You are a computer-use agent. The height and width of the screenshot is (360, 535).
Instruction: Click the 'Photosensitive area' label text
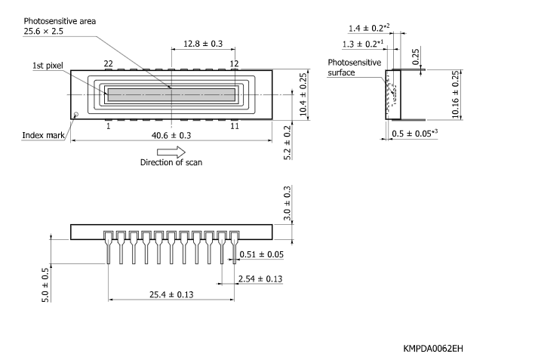[x=60, y=21]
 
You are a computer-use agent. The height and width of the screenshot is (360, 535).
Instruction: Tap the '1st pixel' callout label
[x=48, y=66]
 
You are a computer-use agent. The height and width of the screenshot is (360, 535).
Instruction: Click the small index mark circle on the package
[x=76, y=115]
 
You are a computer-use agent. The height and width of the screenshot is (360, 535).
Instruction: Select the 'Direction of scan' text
[x=171, y=162]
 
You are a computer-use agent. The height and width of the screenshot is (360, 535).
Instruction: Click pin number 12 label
[x=235, y=63]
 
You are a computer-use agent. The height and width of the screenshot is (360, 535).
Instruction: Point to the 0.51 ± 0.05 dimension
[x=262, y=254]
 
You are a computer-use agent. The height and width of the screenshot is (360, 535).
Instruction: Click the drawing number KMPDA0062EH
[x=433, y=348]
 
